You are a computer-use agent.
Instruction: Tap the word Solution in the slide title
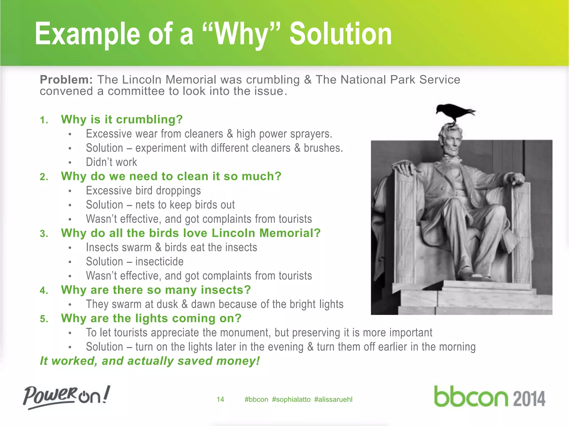coord(341,34)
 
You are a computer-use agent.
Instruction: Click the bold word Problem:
coord(66,80)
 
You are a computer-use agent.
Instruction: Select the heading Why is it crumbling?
coord(122,120)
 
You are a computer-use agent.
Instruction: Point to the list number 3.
coord(44,234)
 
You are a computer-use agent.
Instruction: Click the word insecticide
coord(159,262)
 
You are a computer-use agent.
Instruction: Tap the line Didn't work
coord(111,162)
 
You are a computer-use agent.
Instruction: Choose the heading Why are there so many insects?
coord(156,290)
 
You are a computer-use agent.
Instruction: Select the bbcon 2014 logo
coord(490,397)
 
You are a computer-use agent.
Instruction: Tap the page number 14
coord(220,399)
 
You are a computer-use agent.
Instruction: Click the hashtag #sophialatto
coord(291,399)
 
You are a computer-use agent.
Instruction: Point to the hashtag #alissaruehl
coord(333,399)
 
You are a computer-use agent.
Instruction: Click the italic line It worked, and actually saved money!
coord(150,361)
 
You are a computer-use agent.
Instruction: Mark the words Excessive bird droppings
coord(143,191)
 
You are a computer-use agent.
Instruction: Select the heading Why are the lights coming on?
coord(151,318)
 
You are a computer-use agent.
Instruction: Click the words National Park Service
coord(400,80)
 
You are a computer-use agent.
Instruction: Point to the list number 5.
coord(44,319)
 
